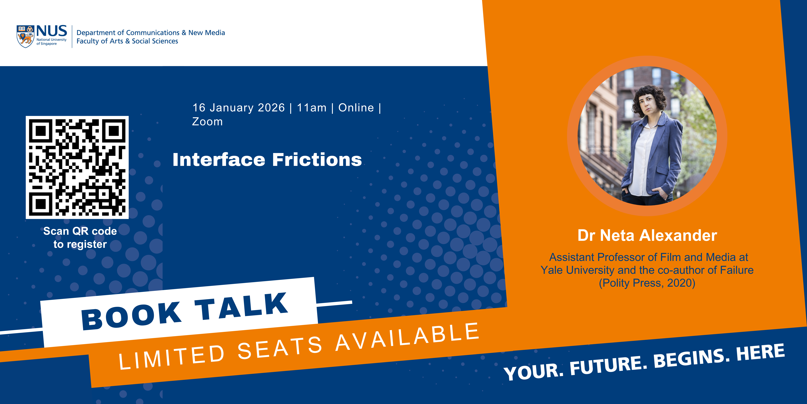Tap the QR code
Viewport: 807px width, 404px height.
[77, 167]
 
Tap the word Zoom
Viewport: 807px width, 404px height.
[207, 122]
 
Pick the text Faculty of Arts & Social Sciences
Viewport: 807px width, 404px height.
[127, 41]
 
